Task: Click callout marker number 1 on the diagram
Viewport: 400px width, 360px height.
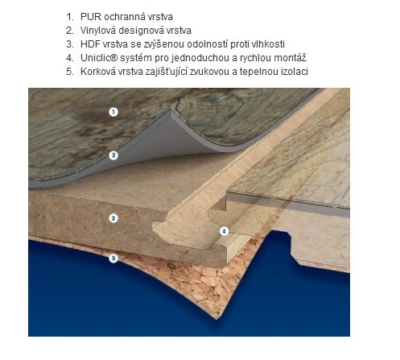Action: tap(113, 112)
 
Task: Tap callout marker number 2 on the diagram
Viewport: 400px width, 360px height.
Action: tap(113, 155)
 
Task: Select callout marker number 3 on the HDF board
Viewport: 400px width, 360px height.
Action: tap(113, 218)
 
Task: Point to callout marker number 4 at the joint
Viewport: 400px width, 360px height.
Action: tap(225, 231)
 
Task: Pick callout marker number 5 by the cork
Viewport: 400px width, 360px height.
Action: tap(113, 259)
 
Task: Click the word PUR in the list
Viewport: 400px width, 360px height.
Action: tap(91, 17)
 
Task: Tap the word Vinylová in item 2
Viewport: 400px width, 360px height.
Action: tap(98, 31)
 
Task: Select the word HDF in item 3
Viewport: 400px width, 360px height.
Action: tap(90, 44)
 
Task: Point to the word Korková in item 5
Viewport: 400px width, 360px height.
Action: tap(98, 72)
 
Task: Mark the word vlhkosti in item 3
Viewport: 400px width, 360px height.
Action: tap(268, 44)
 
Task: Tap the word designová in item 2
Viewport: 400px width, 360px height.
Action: tap(138, 31)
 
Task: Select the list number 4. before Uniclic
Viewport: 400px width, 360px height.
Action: tap(70, 58)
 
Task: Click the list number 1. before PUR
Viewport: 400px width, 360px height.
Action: tap(70, 17)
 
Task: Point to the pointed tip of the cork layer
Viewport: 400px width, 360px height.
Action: tap(216, 319)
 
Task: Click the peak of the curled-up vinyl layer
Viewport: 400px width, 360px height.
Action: tap(171, 109)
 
